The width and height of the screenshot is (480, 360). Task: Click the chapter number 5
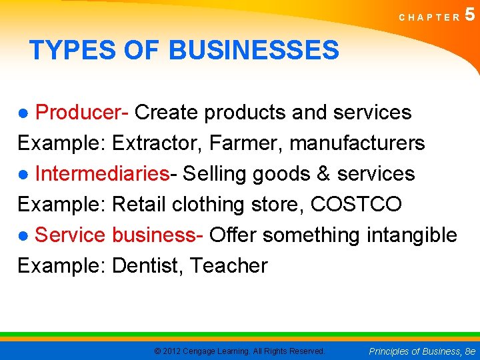[x=471, y=14]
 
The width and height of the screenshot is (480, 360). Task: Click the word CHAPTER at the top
[x=429, y=17]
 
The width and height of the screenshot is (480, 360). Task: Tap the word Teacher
[x=229, y=266]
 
